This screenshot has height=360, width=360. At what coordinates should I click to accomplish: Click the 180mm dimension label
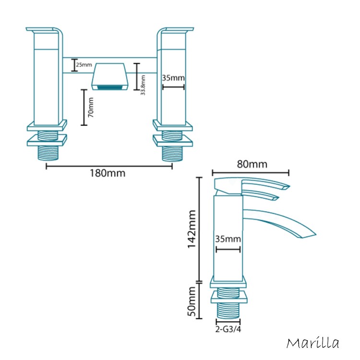coord(108,173)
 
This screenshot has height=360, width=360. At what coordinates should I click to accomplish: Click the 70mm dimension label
coord(91,109)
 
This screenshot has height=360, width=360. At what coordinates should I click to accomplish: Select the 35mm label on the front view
coord(173,78)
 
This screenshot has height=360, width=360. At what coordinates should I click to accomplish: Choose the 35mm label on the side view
coord(228,239)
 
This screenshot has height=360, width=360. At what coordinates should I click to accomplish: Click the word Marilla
coord(313,343)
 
